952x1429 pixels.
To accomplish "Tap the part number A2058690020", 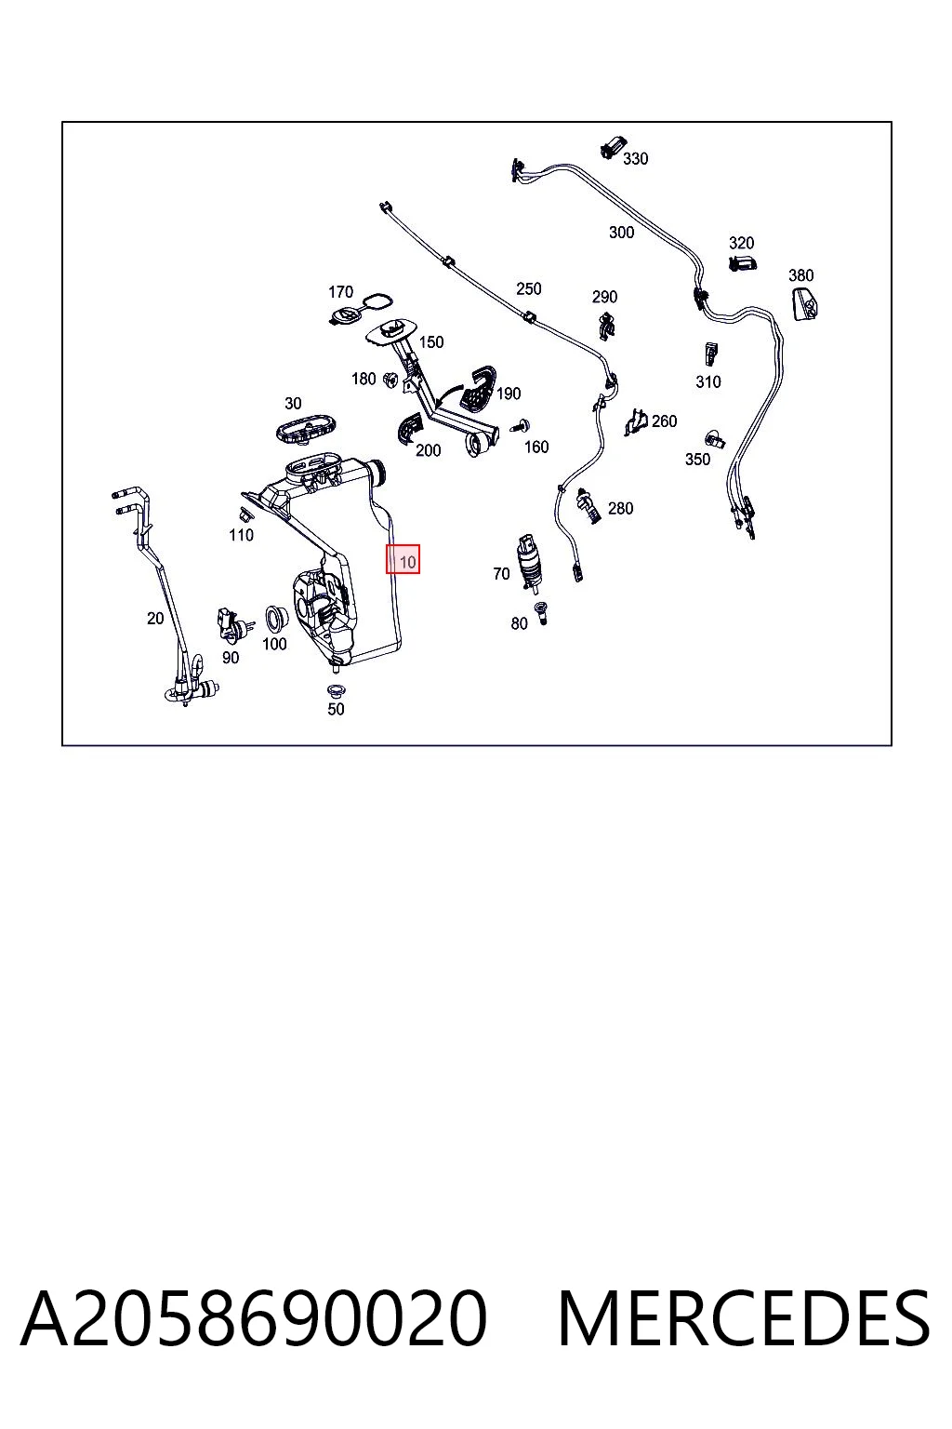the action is (x=254, y=1318).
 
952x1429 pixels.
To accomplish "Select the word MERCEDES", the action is (x=744, y=1318).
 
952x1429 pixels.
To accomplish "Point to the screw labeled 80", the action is (x=542, y=612).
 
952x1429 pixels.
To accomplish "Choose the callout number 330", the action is (x=636, y=158).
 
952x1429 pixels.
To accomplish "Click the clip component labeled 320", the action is (x=743, y=263).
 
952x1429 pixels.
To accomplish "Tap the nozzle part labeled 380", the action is (x=805, y=303).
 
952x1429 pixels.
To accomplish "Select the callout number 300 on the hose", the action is (x=621, y=233).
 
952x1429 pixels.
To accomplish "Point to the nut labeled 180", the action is (x=389, y=381).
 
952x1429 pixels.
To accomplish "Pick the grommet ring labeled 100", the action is (x=277, y=617).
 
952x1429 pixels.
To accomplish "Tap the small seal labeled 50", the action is (x=333, y=690).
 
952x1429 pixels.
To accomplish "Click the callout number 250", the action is (x=529, y=289).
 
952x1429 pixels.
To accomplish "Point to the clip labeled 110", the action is (x=242, y=514).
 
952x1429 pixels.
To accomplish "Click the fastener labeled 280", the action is (x=588, y=506).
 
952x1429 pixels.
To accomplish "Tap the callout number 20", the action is (x=155, y=618).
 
